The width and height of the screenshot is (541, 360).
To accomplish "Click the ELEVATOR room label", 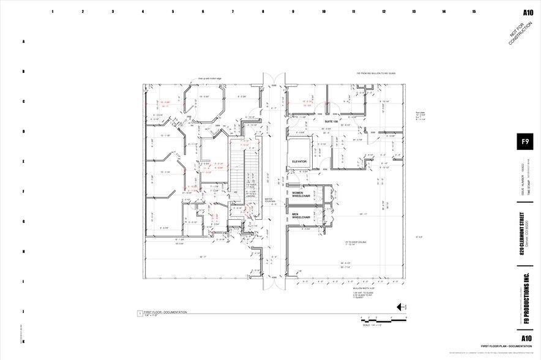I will pyautogui.click(x=299, y=162).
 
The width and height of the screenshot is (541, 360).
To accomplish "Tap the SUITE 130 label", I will pyautogui.click(x=332, y=122).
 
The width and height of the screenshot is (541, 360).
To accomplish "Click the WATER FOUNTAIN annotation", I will pyautogui.click(x=268, y=200).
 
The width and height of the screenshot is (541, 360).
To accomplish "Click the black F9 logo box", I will pyautogui.click(x=525, y=141).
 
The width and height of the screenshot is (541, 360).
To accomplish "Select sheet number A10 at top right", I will pyautogui.click(x=528, y=12).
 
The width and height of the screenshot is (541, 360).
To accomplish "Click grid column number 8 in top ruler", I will pyautogui.click(x=263, y=12).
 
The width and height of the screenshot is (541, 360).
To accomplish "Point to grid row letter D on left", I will pyautogui.click(x=24, y=132).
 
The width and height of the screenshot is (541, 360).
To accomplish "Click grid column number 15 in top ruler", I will pyautogui.click(x=474, y=12).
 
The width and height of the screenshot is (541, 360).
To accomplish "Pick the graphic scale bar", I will pyautogui.click(x=383, y=320).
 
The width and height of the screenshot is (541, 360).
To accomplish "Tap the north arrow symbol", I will pyautogui.click(x=402, y=307).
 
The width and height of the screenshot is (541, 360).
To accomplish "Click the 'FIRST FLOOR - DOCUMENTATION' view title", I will pyautogui.click(x=166, y=312).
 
